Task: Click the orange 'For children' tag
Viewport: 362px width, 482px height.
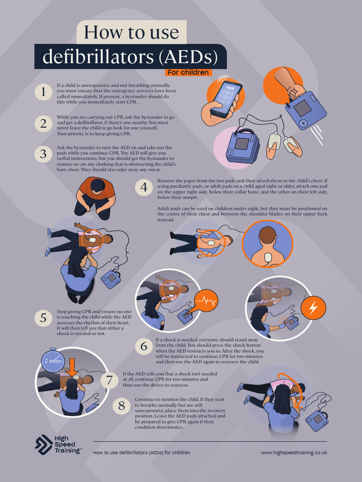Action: [189, 72]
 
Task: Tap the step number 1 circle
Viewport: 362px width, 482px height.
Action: [43, 92]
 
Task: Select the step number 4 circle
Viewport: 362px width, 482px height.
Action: [144, 187]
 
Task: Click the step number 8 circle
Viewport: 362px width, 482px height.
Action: [122, 405]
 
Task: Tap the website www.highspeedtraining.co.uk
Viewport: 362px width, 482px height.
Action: [294, 452]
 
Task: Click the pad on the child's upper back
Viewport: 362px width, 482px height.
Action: [267, 257]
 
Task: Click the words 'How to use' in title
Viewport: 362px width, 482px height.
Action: [132, 32]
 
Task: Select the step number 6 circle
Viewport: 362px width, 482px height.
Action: [144, 346]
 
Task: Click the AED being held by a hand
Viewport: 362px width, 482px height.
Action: [305, 110]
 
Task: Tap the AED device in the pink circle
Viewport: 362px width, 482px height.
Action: [242, 145]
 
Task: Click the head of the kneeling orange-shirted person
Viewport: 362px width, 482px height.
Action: [98, 186]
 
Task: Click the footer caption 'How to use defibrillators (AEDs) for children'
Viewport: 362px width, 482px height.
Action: [141, 452]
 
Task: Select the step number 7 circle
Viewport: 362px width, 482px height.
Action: [109, 380]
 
